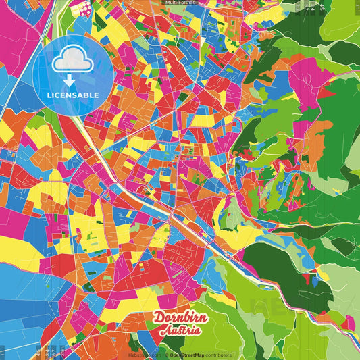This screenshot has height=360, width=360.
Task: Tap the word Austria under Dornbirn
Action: [x=179, y=330]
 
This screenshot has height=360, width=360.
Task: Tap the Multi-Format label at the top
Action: [x=180, y=3]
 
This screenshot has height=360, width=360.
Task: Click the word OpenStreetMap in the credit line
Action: [x=187, y=355]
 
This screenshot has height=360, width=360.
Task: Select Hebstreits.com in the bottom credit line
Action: [x=145, y=355]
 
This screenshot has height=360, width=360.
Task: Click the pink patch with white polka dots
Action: [x=84, y=9]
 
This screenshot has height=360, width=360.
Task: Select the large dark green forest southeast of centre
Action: [x=284, y=267]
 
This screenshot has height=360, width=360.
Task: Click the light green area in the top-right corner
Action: [x=341, y=20]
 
